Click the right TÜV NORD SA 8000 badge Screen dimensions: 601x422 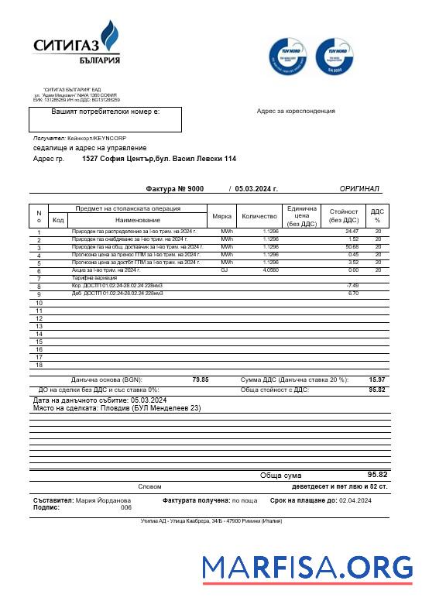(335, 56)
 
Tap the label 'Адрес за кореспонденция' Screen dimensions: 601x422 (296, 111)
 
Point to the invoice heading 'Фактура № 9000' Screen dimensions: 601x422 (174, 188)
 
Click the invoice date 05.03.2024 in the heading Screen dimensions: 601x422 (256, 188)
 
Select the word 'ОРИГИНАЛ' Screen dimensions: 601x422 (359, 188)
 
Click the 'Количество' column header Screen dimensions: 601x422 (259, 216)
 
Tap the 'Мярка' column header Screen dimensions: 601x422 (221, 216)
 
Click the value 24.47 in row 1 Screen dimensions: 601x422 (352, 232)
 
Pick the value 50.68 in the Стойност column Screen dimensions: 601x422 (352, 247)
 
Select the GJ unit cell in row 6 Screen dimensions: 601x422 (225, 270)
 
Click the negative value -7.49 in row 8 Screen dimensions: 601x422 (352, 286)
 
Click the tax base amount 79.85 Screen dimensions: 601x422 (200, 379)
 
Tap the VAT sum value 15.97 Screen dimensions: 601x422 (377, 379)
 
